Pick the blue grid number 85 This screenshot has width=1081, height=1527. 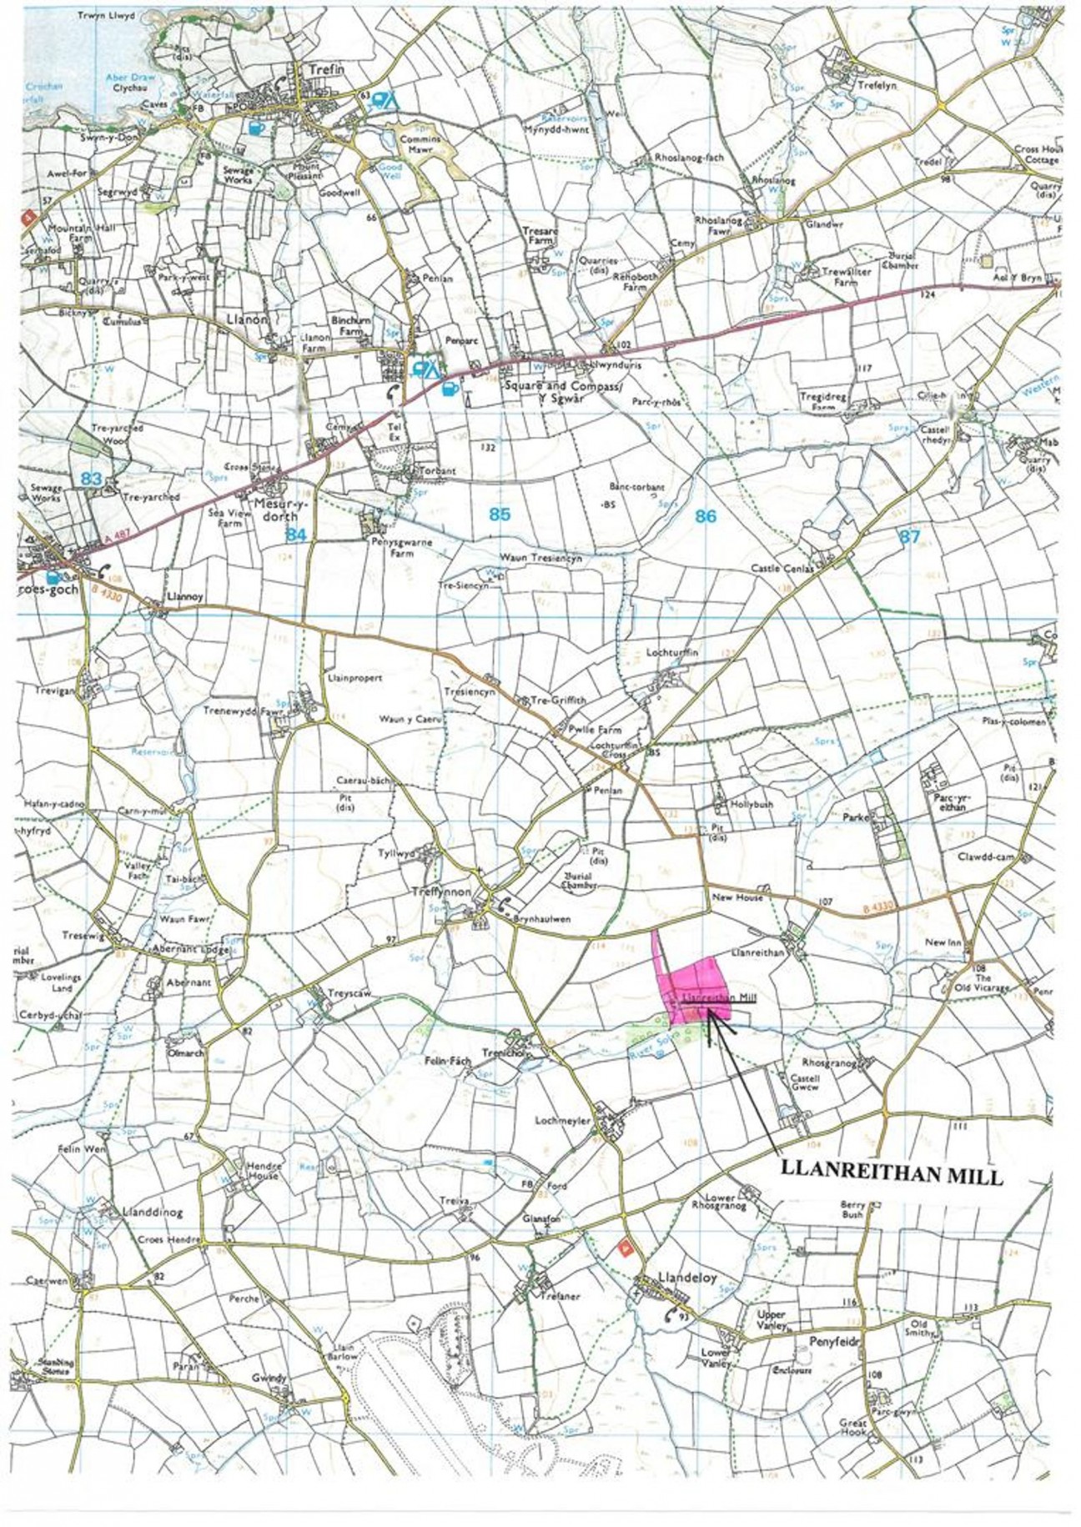[499, 515]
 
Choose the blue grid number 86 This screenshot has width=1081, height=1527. [706, 516]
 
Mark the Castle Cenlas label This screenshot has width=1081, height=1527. [782, 568]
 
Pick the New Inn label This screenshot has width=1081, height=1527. [943, 942]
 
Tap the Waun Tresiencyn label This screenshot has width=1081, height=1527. [540, 558]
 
